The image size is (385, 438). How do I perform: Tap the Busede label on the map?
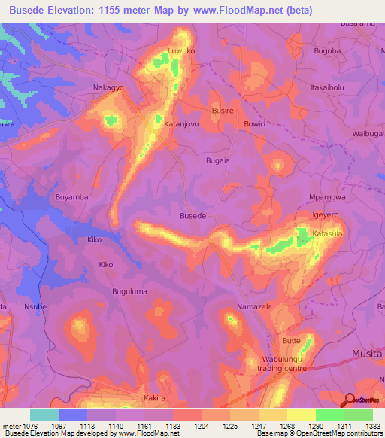192,216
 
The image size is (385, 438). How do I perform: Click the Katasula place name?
328,234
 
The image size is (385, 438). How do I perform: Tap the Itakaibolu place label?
332,87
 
